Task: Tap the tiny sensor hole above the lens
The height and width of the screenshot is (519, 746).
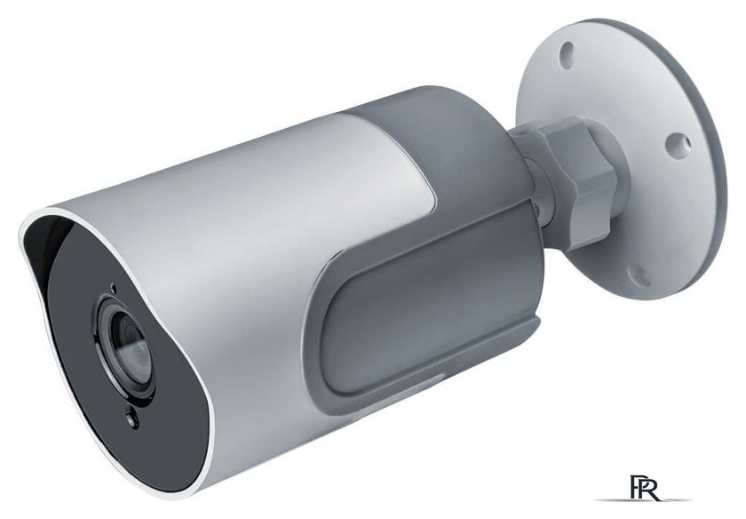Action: coord(112,286)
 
